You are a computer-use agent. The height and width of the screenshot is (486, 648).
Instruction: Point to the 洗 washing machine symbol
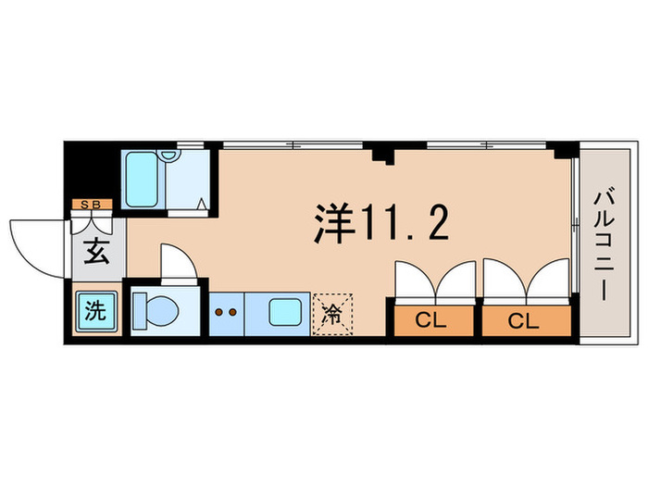click(x=93, y=312)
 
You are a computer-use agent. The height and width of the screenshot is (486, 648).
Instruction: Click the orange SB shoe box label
click(x=93, y=205)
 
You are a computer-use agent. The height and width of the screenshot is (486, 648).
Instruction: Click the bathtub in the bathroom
click(x=143, y=181)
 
